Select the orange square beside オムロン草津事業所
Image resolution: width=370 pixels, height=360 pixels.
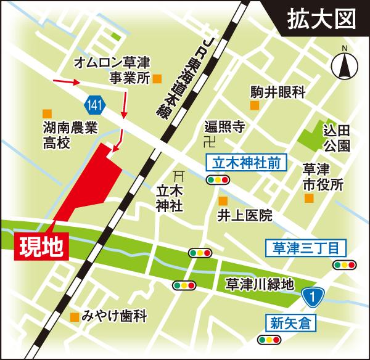point(157,78)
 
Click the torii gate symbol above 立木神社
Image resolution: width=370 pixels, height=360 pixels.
point(179,174)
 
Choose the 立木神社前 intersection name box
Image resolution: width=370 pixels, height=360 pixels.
point(237,163)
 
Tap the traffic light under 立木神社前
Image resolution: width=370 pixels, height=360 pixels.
point(218,181)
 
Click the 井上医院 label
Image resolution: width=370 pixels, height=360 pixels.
point(245,216)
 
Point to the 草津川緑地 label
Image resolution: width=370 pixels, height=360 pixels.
point(258,284)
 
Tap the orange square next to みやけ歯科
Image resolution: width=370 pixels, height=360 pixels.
point(75,317)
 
